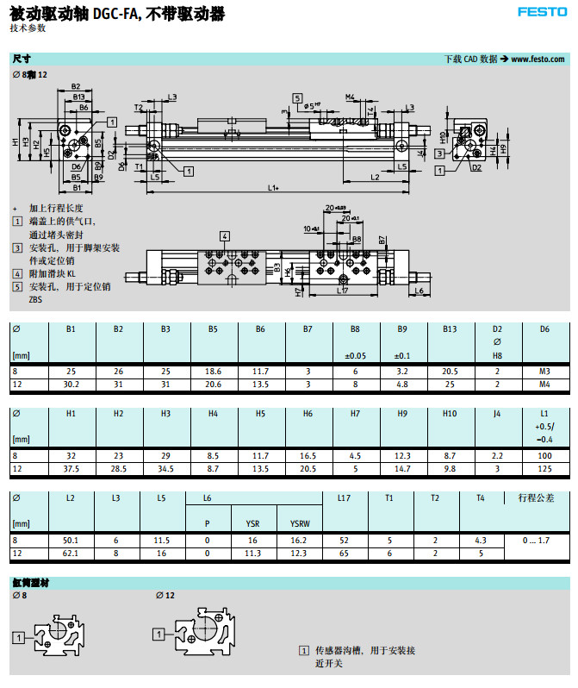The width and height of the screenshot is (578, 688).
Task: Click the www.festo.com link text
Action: pos(538,59)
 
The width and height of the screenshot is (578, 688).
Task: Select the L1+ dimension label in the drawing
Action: pos(273,187)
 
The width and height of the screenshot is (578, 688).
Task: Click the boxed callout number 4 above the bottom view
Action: pos(224,235)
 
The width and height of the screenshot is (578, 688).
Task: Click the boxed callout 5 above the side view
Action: pos(297,98)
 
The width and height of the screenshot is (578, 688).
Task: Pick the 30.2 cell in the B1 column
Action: pos(71,383)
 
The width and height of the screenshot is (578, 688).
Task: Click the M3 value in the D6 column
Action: pos(544,371)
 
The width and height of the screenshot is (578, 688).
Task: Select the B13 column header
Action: pos(449,329)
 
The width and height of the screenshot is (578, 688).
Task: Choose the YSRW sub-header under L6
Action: pos(300,522)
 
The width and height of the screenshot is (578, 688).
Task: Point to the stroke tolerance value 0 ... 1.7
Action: pos(544,540)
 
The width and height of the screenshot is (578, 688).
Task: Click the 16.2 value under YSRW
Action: pos(300,540)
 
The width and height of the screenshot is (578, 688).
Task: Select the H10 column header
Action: pos(449,414)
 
